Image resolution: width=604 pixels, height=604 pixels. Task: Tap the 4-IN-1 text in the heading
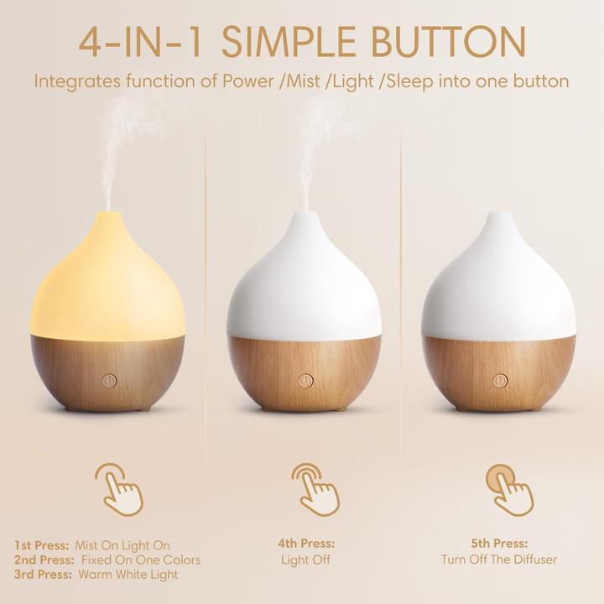pyautogui.click(x=143, y=42)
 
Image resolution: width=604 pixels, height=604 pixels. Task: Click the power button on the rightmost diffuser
pyautogui.click(x=500, y=379)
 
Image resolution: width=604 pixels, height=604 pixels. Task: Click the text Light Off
pyautogui.click(x=305, y=560)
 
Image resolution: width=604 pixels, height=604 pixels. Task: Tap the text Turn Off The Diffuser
pyautogui.click(x=499, y=560)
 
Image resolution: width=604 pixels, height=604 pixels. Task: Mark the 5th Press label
pyautogui.click(x=499, y=544)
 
